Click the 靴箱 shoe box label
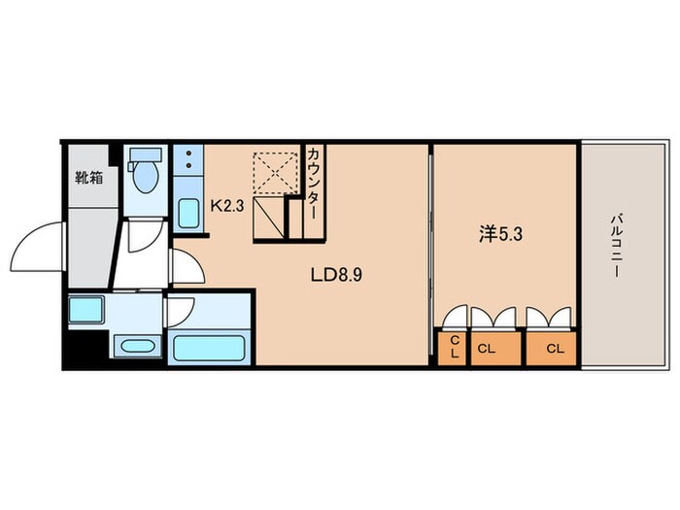[x=89, y=178]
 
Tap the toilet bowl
[x=146, y=178]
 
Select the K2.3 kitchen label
[x=227, y=206]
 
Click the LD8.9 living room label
[x=336, y=275]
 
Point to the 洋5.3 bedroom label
[x=501, y=235]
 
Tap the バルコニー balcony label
[x=616, y=246]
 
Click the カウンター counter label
[x=314, y=184]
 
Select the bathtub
[x=209, y=348]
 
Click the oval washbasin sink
[x=137, y=347]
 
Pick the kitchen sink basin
[x=189, y=213]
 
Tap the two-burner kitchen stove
[x=188, y=159]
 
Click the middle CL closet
[x=495, y=348]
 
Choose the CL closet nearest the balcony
[x=551, y=348]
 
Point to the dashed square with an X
[x=276, y=173]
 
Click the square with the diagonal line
[x=268, y=218]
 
